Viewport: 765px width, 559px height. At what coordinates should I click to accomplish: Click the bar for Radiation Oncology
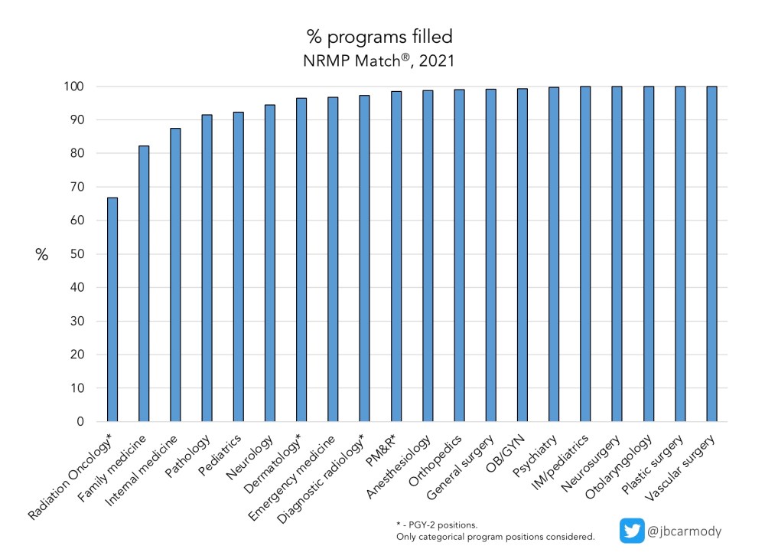(x=112, y=309)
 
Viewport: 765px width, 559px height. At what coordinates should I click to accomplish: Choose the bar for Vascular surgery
(x=711, y=253)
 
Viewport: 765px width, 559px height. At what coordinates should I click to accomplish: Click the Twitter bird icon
(x=632, y=531)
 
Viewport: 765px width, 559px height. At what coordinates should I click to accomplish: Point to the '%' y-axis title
(x=41, y=255)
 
